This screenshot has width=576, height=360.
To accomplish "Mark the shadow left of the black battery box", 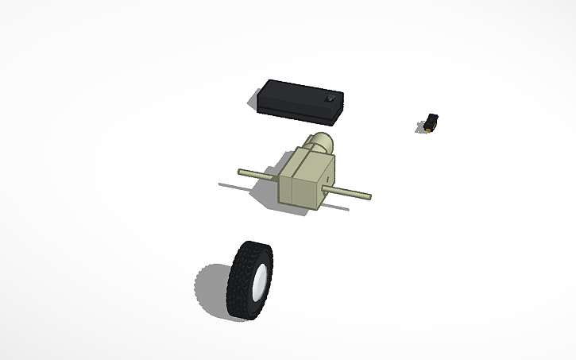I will [x=255, y=103].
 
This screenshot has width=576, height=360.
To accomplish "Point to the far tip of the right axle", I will [x=369, y=196].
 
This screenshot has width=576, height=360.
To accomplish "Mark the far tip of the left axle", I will [x=241, y=171].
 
